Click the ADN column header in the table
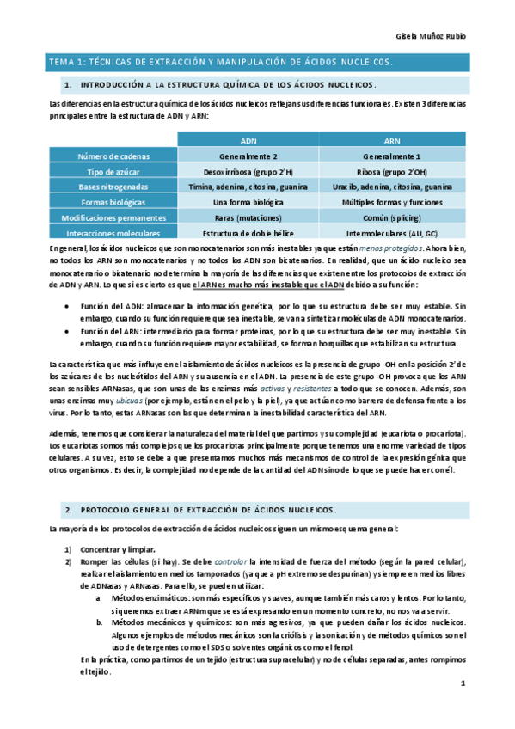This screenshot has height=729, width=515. (248, 139)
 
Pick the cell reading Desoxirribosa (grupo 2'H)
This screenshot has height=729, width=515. (248, 171)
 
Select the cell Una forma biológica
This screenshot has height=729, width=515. (248, 202)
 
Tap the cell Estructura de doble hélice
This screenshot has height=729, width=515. (248, 233)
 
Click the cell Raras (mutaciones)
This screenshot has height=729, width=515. (248, 217)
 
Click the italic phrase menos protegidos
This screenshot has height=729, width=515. (390, 248)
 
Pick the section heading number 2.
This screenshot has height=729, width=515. (68, 510)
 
